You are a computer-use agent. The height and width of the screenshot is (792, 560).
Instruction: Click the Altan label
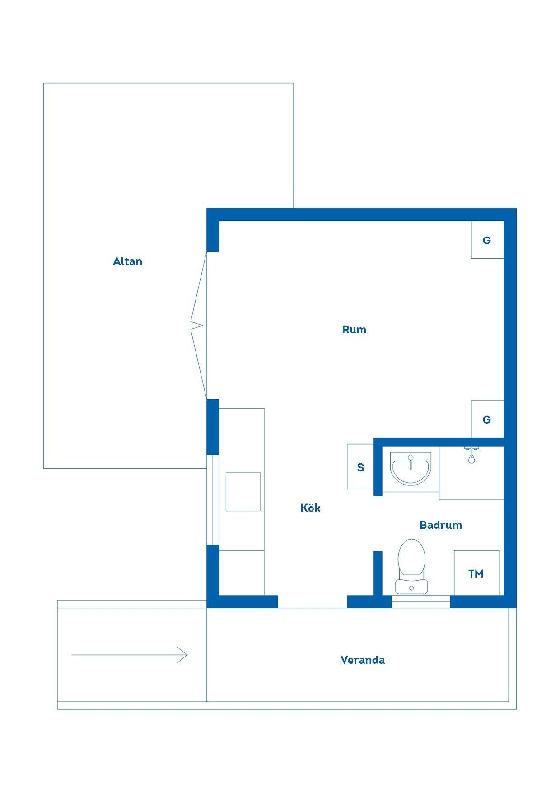(127, 261)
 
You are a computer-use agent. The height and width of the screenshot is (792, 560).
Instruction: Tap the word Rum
(354, 330)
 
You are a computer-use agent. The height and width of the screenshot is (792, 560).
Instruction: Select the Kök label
(310, 508)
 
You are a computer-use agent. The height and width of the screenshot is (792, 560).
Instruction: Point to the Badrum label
(440, 525)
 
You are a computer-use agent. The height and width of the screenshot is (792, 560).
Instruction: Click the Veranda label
(363, 660)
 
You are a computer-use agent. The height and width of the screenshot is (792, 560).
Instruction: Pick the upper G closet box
(487, 240)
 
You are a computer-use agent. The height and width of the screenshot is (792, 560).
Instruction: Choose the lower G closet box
(487, 419)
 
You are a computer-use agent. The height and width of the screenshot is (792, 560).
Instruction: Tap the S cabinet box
(360, 467)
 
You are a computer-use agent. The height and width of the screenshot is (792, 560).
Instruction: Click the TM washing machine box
(476, 573)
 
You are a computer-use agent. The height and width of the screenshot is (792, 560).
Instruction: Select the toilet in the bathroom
(411, 566)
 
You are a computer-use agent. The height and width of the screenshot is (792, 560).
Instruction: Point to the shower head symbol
(471, 456)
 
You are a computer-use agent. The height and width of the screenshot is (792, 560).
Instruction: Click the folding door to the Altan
(199, 325)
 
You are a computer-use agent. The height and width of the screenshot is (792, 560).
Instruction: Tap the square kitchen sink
(243, 492)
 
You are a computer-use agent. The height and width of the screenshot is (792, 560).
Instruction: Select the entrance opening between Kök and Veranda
(313, 602)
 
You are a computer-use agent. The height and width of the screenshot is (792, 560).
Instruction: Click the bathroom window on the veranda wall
(421, 602)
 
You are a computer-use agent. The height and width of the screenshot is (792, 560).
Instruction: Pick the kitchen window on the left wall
(213, 500)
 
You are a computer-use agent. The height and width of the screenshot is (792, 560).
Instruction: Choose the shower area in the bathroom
(471, 473)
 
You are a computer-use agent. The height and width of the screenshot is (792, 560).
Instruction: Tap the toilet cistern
(411, 587)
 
